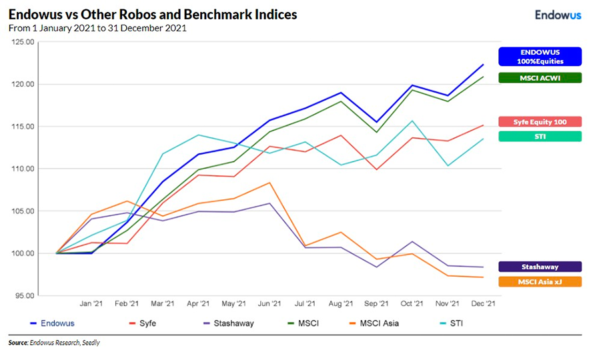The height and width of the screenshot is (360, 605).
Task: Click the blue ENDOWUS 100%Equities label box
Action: (x=540, y=56)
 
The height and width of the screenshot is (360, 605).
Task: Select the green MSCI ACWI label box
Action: (x=540, y=78)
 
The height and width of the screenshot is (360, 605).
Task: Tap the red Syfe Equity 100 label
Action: (x=540, y=121)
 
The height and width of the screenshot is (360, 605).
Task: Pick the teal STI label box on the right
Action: (x=540, y=136)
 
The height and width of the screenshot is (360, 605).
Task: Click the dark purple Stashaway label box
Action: (x=540, y=267)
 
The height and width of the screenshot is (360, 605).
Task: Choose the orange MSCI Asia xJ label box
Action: (x=540, y=282)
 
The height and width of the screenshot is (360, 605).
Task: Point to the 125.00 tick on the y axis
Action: (x=23, y=42)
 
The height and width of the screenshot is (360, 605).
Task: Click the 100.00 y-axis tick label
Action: (x=23, y=253)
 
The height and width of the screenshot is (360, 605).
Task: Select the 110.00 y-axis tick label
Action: (x=23, y=169)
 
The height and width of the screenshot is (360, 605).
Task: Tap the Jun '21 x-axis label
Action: (x=269, y=303)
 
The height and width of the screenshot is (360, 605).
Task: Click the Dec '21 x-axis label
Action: (x=483, y=303)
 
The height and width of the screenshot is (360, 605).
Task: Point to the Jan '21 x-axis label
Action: (x=91, y=303)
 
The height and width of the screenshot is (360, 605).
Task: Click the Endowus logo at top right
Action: (x=559, y=15)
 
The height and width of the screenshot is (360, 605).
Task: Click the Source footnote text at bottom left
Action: (x=53, y=343)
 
